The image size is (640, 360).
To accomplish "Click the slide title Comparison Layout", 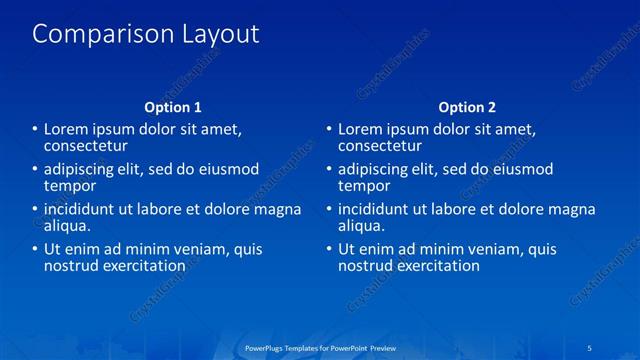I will [146, 34].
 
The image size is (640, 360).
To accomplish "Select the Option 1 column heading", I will [173, 107].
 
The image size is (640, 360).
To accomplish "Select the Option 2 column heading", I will [467, 107].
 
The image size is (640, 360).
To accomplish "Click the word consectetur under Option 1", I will [92, 146].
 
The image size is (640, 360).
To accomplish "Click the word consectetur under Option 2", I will [386, 146].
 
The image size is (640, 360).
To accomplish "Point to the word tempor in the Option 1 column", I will [70, 186].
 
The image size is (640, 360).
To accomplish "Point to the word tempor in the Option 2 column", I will [364, 186].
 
